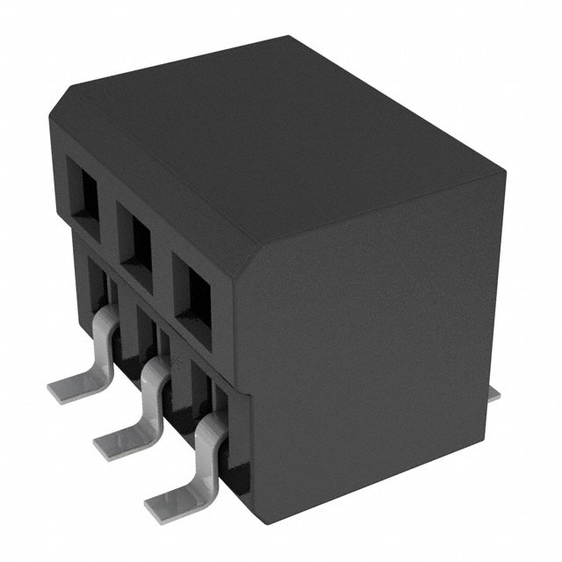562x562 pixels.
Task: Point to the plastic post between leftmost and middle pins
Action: [x=125, y=338]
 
